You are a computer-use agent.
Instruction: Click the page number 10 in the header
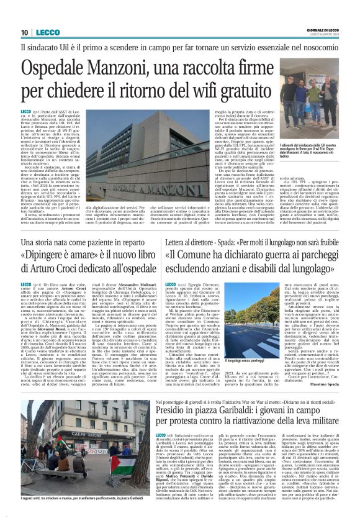tap(24, 32)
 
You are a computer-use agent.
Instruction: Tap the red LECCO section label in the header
tap(44, 32)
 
